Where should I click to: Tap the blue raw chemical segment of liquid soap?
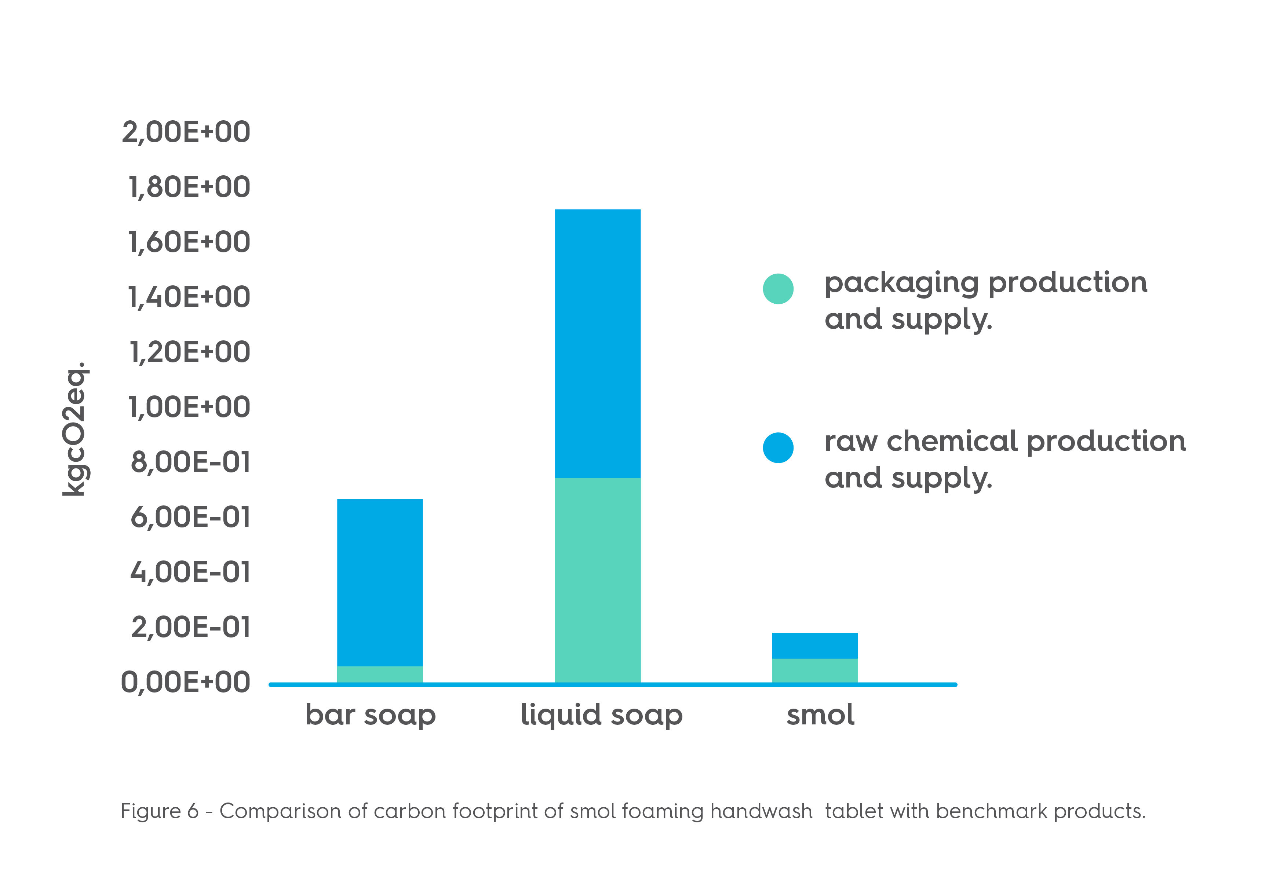[x=598, y=343]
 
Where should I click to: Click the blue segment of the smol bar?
[x=815, y=646]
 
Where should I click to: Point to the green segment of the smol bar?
[x=815, y=670]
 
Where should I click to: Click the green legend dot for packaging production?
[x=778, y=288]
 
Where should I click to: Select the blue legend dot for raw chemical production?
[x=778, y=447]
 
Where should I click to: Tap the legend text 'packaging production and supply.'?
[x=985, y=301]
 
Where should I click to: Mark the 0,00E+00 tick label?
[x=186, y=683]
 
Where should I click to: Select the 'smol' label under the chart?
[x=820, y=715]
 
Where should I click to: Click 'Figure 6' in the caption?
[x=159, y=811]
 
